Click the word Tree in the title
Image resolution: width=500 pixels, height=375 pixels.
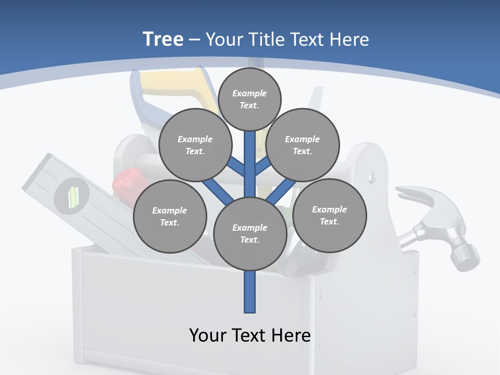pos(163,39)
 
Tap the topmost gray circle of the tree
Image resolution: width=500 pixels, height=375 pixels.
pos(249,99)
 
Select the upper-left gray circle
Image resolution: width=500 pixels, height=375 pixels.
pos(195,145)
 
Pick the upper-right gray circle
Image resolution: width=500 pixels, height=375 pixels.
pos(303,145)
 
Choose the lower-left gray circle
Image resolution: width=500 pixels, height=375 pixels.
pos(170,216)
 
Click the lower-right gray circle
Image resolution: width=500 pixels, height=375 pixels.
pos(330,215)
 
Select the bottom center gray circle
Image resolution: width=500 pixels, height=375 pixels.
pos(250,233)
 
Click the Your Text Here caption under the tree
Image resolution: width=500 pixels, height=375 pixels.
pos(250,335)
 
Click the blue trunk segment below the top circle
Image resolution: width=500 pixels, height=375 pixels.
pos(250,156)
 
